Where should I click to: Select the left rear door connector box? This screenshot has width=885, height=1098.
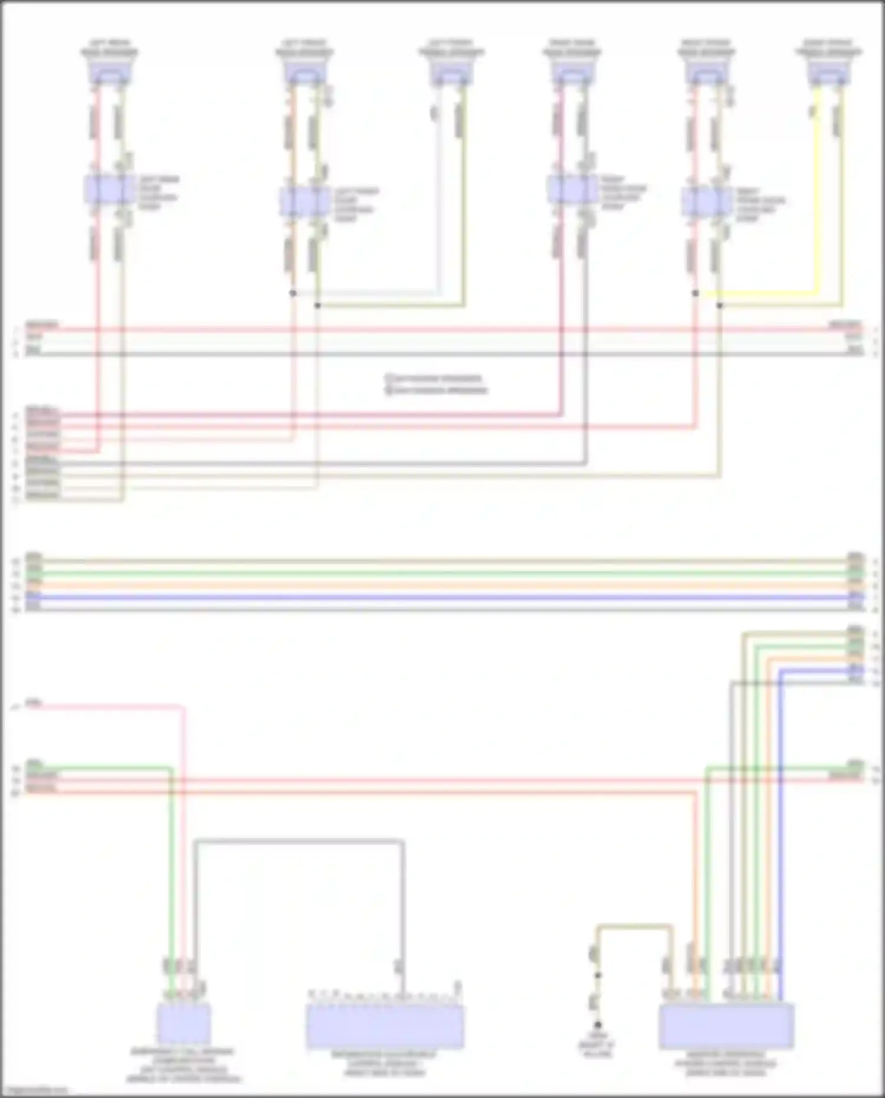pos(109,189)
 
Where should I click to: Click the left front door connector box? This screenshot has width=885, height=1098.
pos(304,202)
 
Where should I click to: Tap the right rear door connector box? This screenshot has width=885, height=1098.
pos(572,189)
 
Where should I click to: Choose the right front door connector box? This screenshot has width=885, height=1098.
pos(706,202)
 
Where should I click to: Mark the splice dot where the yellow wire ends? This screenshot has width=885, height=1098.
pos(696,293)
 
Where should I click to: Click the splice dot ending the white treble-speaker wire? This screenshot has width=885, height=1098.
pos(293,293)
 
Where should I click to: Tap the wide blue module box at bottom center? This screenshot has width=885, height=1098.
pos(385,1027)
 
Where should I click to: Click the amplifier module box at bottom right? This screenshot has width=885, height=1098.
pos(726,1027)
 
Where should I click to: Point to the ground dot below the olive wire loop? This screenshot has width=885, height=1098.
pos(598,1025)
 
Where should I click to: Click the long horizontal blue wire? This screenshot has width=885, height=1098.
pos(437,597)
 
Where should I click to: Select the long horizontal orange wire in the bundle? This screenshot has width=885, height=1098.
pos(437,585)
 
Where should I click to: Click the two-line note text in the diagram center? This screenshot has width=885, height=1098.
pos(437,384)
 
